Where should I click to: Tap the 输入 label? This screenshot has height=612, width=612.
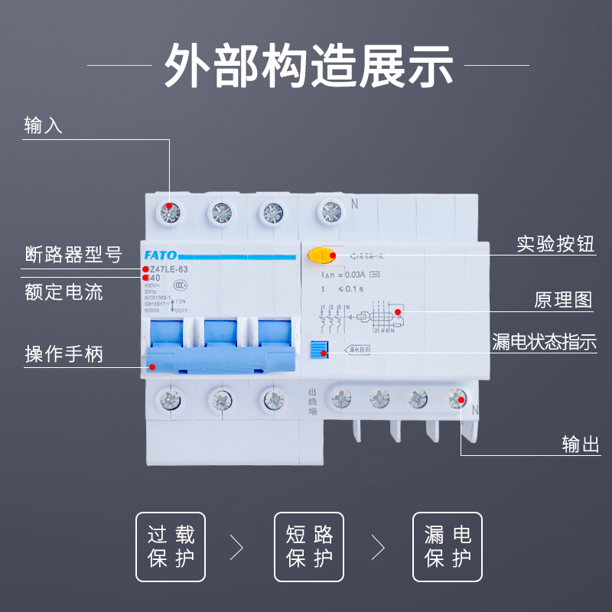tap(44, 125)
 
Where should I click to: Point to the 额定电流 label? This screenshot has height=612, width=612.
tap(64, 291)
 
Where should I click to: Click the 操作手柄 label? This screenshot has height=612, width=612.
tap(64, 354)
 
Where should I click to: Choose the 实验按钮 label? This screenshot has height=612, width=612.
tap(555, 245)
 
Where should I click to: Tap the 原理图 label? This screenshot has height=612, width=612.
tap(563, 299)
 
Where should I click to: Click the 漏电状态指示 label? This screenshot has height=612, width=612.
tap(544, 342)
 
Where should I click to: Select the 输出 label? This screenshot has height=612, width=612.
tap(581, 444)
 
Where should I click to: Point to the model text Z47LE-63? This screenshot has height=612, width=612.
tap(166, 269)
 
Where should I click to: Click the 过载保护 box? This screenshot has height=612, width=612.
tap(171, 546)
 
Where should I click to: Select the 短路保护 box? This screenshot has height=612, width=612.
tap(309, 546)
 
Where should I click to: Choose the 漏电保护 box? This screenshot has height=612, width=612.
tap(448, 546)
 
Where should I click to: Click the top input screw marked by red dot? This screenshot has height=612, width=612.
tap(170, 210)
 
